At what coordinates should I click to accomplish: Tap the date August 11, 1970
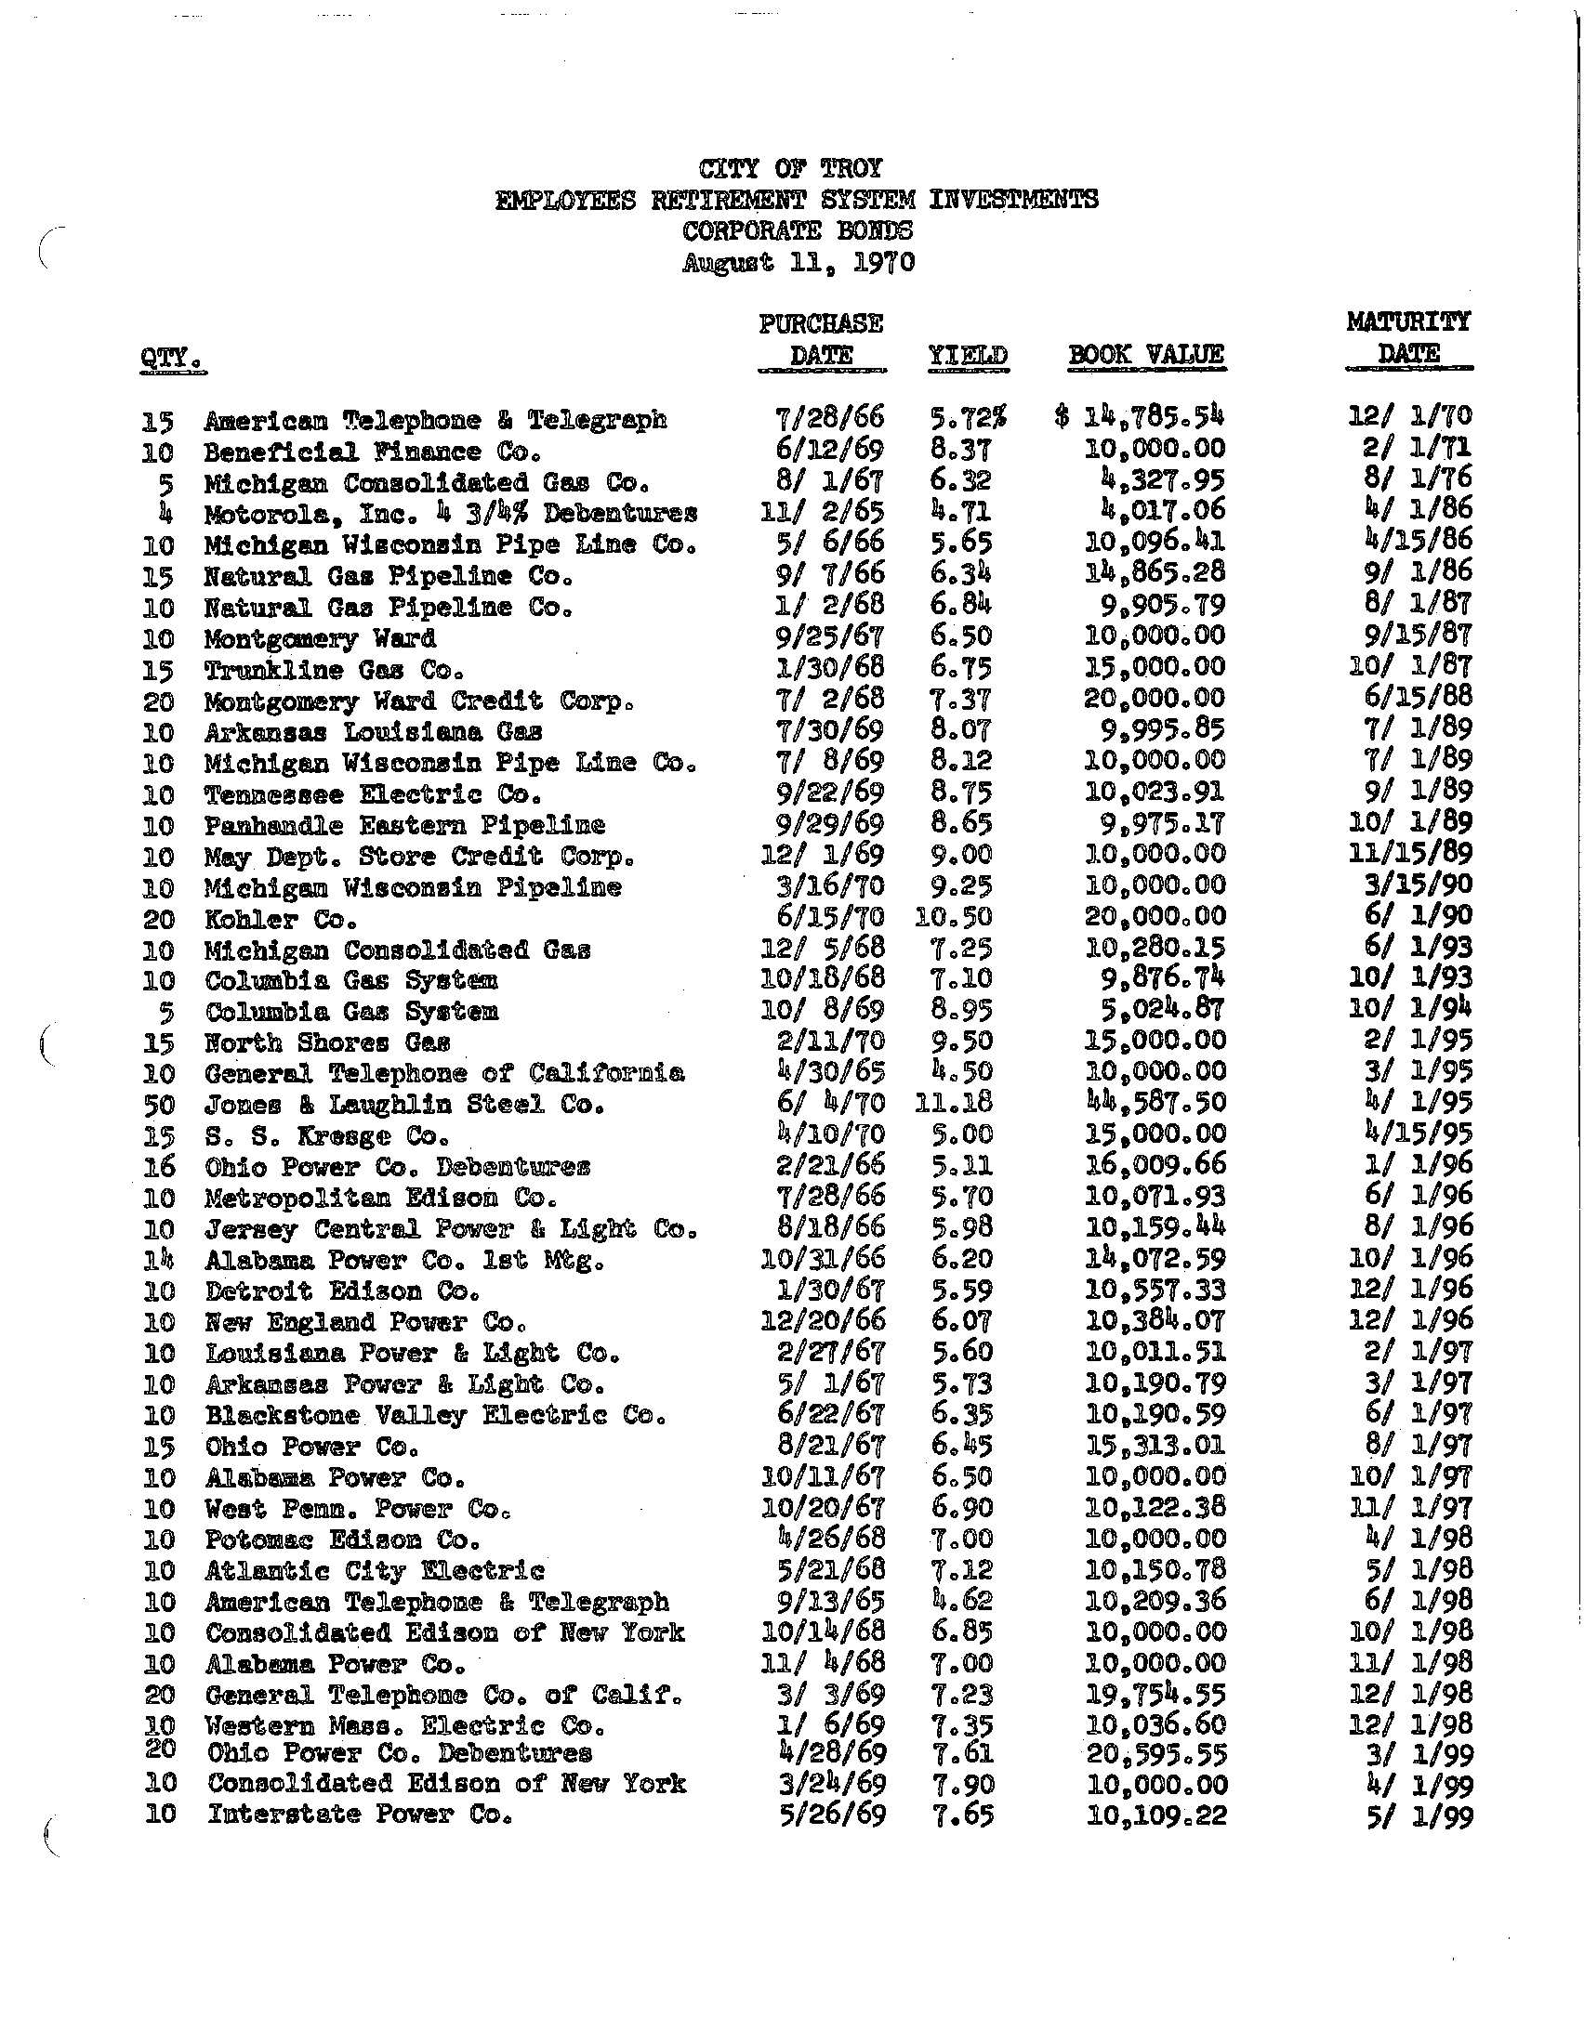pos(798,262)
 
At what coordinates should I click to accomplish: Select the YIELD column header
pos(967,356)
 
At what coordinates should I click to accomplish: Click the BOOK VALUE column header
pos(1146,355)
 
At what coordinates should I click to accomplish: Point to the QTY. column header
pos(172,358)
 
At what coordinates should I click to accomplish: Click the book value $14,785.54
pos(1140,416)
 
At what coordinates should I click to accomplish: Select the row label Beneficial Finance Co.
pos(373,452)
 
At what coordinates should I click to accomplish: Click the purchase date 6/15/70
pos(824,917)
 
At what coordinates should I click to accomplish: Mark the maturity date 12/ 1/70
pos(1409,415)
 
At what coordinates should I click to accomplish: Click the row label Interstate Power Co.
pos(360,1815)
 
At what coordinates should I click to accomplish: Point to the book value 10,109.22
pos(1156,1815)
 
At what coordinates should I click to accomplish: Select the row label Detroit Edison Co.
pos(343,1292)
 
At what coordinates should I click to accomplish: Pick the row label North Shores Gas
pos(327,1042)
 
